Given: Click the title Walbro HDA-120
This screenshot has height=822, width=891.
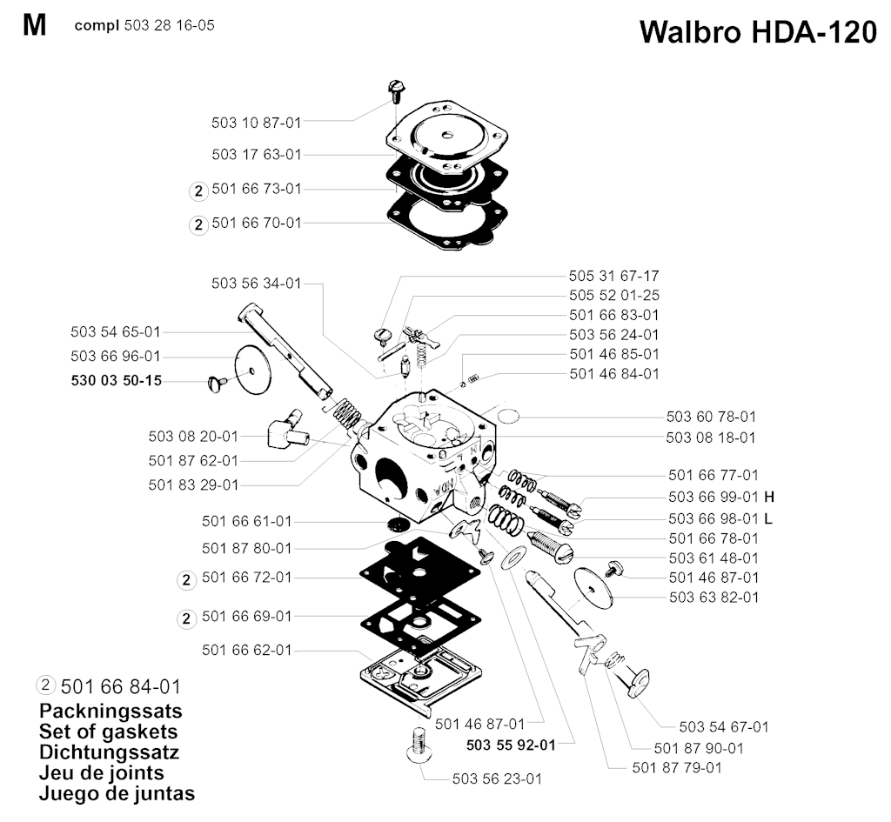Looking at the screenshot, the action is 758,32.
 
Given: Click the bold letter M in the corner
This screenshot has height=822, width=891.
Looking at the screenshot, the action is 34,25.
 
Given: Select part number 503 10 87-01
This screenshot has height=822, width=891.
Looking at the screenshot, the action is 257,122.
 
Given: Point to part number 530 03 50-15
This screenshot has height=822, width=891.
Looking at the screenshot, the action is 117,380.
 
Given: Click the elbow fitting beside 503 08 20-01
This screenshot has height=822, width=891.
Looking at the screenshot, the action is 286,433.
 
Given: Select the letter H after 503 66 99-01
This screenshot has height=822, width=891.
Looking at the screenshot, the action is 769,497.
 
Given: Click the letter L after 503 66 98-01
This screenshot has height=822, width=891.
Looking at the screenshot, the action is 768,518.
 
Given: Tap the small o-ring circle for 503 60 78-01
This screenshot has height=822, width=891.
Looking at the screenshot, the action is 507,417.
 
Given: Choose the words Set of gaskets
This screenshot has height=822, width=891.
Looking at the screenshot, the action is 109,732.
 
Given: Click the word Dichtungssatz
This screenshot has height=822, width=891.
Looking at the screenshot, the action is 109,752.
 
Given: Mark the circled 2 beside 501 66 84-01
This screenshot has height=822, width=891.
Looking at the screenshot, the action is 45,685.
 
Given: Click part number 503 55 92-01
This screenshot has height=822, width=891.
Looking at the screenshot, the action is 511,745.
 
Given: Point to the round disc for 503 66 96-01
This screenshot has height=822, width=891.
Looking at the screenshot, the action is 253,370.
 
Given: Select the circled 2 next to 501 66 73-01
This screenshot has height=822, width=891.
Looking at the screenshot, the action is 198,190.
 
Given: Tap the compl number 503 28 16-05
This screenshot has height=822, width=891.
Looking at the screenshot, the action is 169,25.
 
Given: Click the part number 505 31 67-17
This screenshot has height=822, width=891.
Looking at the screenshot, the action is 613,276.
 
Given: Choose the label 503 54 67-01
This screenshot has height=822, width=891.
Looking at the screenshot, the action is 724,726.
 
